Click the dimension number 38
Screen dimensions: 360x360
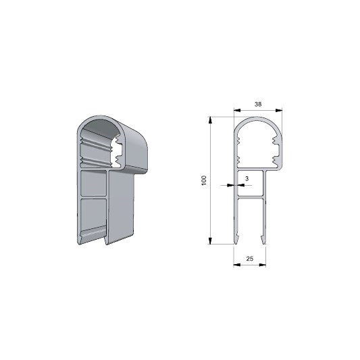pyautogui.click(x=258, y=104)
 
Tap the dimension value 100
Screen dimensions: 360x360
pyautogui.click(x=204, y=181)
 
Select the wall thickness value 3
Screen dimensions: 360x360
pyautogui.click(x=247, y=178)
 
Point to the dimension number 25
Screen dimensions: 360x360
pyautogui.click(x=250, y=259)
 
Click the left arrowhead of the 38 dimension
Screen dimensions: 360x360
pyautogui.click(x=237, y=111)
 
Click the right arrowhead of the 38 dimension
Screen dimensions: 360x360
pyautogui.click(x=279, y=111)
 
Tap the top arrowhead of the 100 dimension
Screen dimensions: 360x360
pyautogui.click(x=210, y=120)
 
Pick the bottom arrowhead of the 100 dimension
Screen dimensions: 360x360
pyautogui.click(x=210, y=240)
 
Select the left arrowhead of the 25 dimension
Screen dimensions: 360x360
pyautogui.click(x=237, y=265)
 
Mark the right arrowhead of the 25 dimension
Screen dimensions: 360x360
pyautogui.click(x=263, y=265)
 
